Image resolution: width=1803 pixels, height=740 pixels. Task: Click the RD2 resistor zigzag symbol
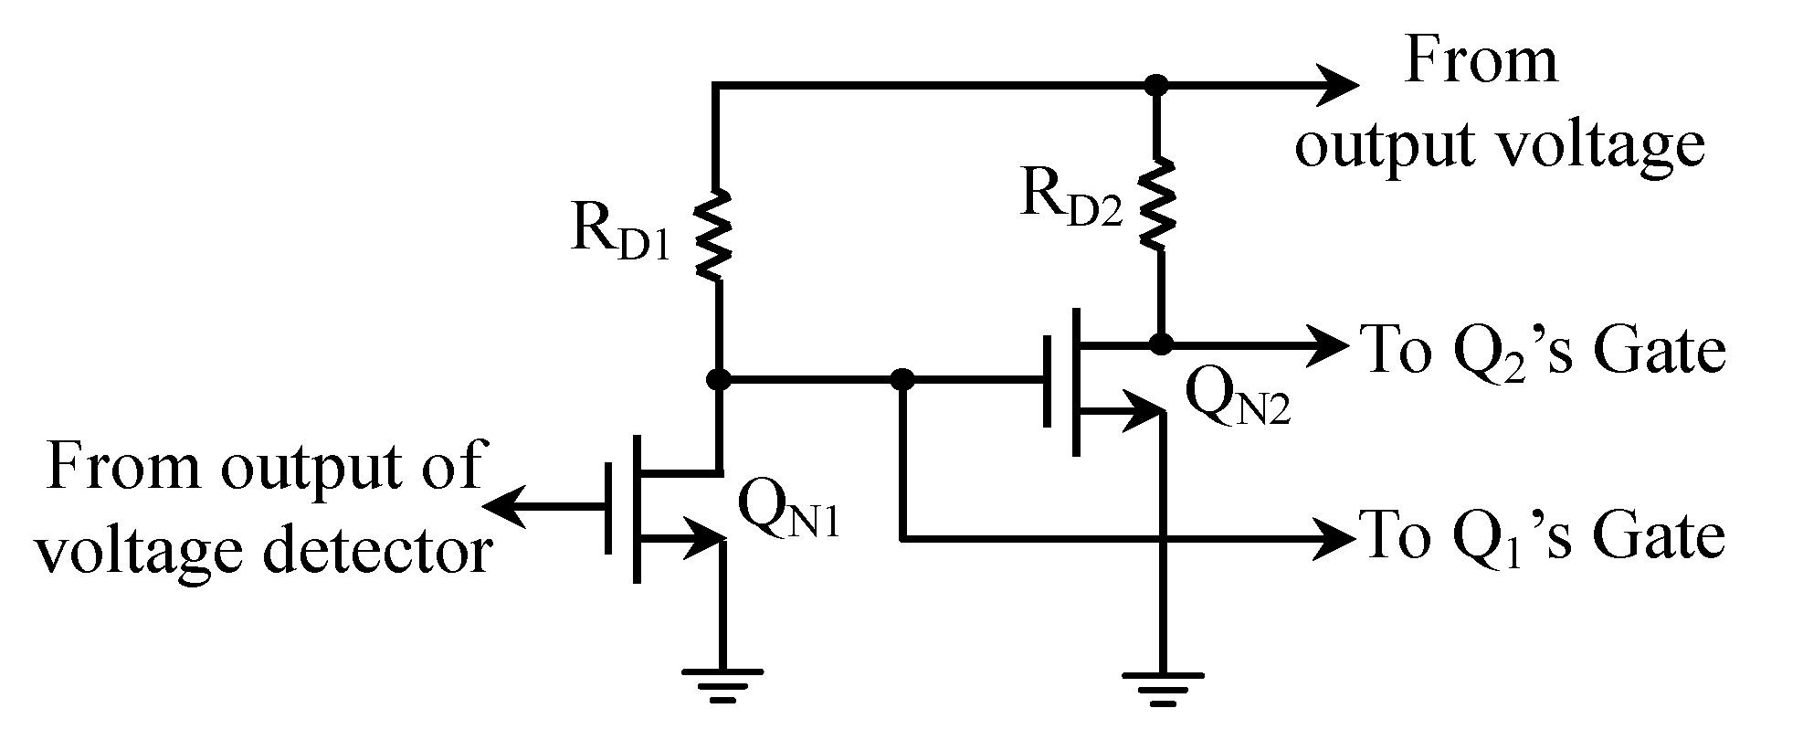[x=1158, y=203]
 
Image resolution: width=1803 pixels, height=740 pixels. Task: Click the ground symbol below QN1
[x=722, y=685]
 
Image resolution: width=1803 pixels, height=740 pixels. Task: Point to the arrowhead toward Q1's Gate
[x=1334, y=538]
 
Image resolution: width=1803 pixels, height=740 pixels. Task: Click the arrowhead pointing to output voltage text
[x=1335, y=86]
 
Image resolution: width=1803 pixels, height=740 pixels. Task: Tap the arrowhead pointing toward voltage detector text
[x=504, y=507]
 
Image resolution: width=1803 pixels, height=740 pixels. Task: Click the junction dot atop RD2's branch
[x=1157, y=86]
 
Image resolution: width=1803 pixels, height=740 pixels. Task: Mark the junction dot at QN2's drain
[x=1161, y=344]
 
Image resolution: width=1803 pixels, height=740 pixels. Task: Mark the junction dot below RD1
[x=719, y=378]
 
